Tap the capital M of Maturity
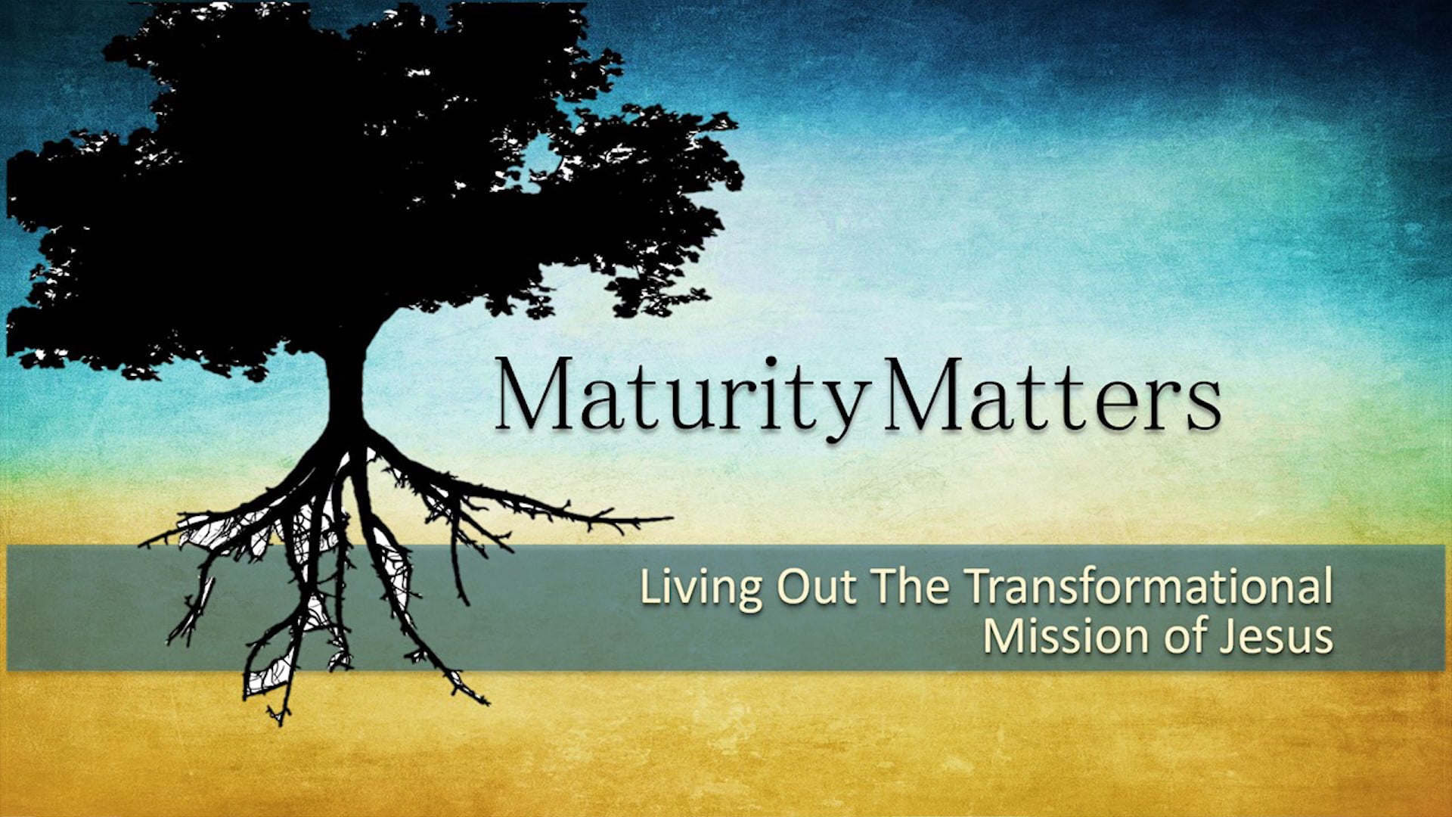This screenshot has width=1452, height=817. (532, 395)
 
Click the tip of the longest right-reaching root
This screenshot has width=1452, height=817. (669, 518)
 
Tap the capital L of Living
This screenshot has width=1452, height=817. (647, 587)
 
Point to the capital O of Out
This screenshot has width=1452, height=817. (794, 587)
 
